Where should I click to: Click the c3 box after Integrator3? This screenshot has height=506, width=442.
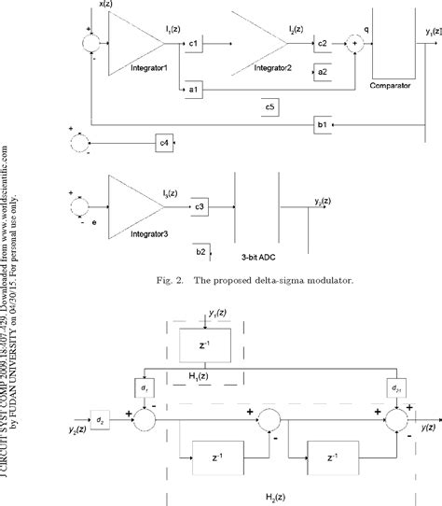coord(200,204)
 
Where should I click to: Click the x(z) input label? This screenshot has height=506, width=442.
coord(108,6)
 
